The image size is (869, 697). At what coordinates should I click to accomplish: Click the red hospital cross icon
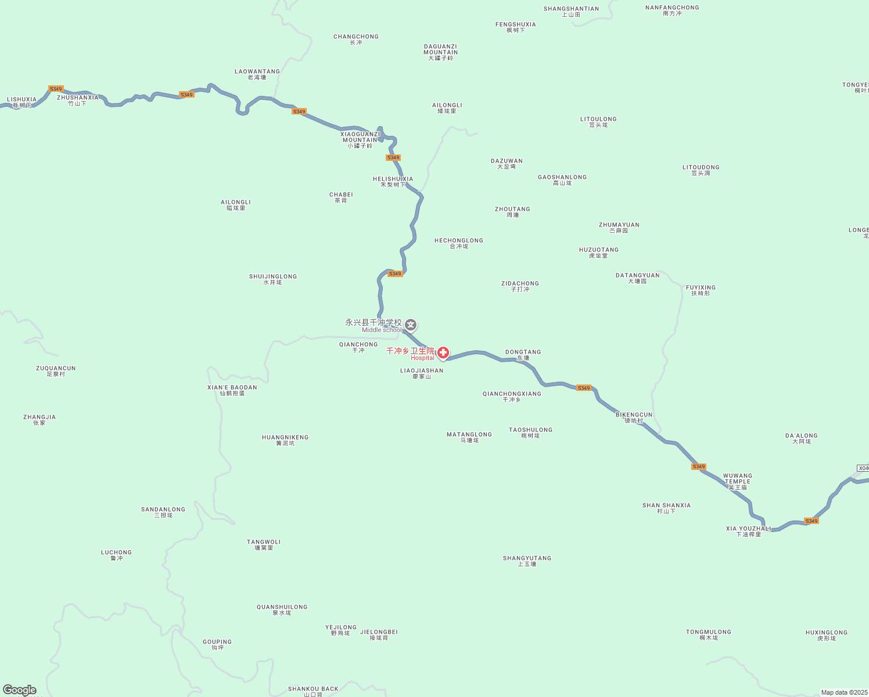443,353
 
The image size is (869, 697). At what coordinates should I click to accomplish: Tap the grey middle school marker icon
411,325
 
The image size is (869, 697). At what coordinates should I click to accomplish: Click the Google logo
19,690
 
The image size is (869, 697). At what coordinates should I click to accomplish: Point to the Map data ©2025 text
844,692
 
